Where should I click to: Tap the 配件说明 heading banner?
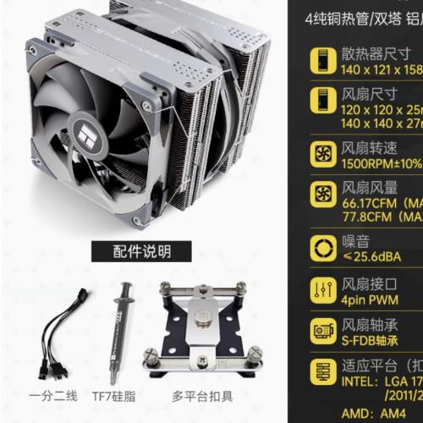click(141, 251)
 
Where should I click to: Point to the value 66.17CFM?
click(373, 204)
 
